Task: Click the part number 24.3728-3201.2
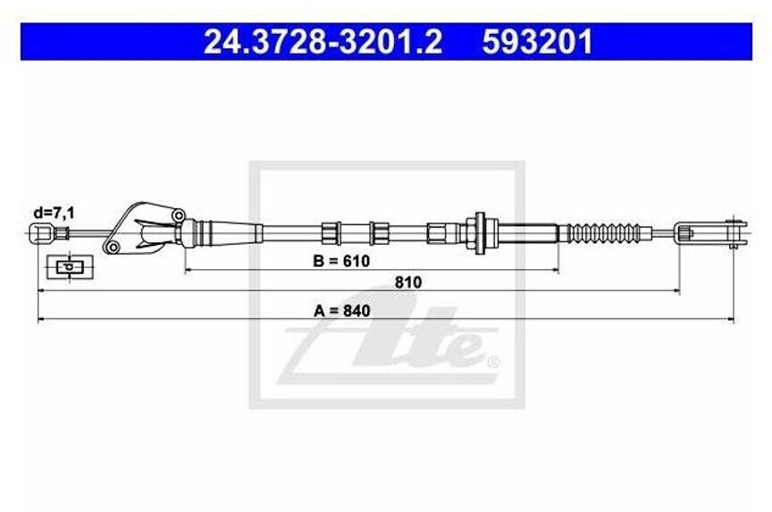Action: point(323,42)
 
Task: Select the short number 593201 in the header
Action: point(537,42)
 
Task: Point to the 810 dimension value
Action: point(407,281)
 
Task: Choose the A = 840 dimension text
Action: point(342,311)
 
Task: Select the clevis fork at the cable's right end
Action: point(710,234)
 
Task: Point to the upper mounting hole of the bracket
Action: point(179,215)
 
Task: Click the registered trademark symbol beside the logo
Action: point(491,363)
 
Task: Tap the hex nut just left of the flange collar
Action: point(440,233)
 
